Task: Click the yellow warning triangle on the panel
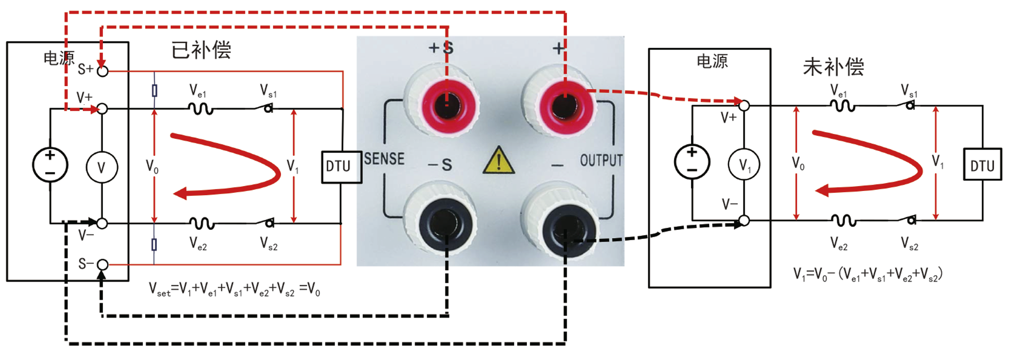[x=498, y=161]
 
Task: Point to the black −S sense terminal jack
[x=447, y=225]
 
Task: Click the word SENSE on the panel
[x=384, y=159]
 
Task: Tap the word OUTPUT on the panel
[x=601, y=160]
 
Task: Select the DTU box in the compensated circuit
[x=341, y=167]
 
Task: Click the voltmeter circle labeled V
[x=102, y=168]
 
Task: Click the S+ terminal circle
[x=102, y=71]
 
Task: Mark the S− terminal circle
[x=102, y=265]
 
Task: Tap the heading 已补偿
[x=201, y=50]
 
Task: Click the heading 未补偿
[x=833, y=67]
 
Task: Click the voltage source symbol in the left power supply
[x=50, y=165]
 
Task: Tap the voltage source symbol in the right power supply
[x=692, y=162]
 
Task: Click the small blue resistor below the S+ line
[x=154, y=91]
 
